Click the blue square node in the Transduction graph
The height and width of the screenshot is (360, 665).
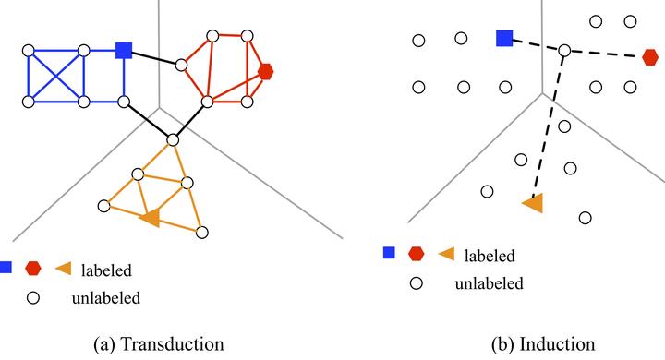pos(124,50)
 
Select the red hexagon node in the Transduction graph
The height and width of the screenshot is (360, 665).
pos(266,70)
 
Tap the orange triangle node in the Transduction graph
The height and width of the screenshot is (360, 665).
pos(150,218)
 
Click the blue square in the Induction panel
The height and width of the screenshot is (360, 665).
pos(504,38)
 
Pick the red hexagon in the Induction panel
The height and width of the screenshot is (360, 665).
pos(650,57)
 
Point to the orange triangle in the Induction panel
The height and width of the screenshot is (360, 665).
pos(532,204)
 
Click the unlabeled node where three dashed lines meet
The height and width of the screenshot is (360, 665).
pos(564,50)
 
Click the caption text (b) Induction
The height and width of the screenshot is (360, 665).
pos(545,344)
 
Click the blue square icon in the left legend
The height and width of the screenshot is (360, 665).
pos(5,268)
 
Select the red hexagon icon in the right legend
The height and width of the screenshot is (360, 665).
pos(417,253)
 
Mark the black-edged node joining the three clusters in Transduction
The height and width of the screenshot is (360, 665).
pos(173,140)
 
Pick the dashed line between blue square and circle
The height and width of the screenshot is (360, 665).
pos(535,44)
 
